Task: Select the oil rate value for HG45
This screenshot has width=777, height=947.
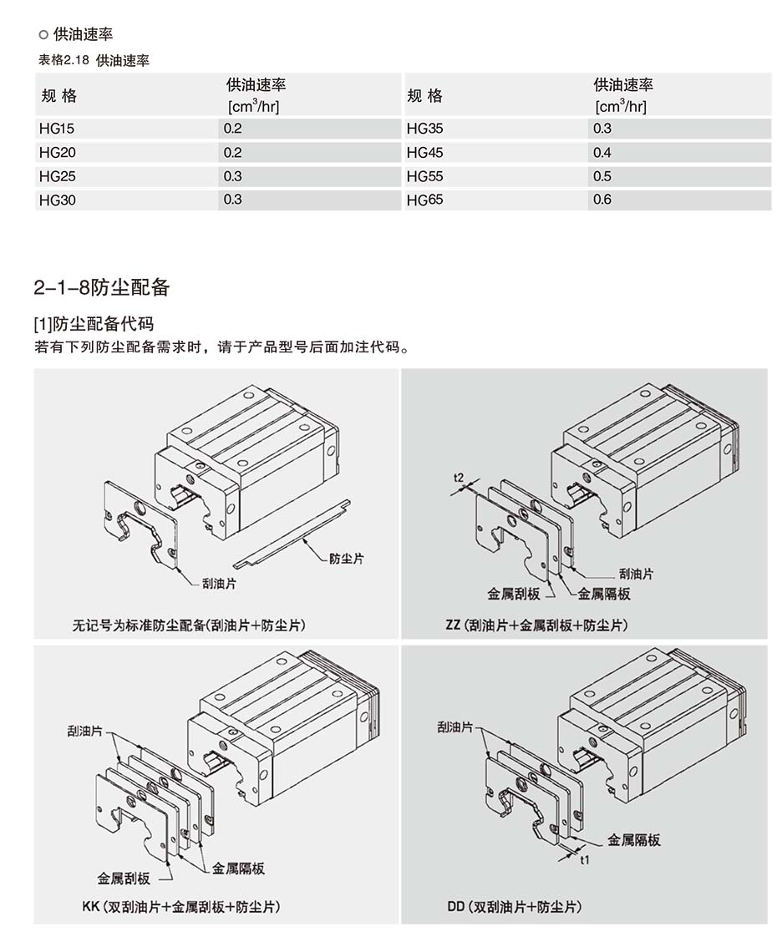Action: [x=602, y=153]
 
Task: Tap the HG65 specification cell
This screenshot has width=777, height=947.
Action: [x=425, y=200]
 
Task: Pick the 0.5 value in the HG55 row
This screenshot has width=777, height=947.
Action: [x=602, y=176]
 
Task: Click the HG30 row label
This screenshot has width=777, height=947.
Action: [x=57, y=200]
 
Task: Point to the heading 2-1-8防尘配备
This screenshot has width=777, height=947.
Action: [x=102, y=288]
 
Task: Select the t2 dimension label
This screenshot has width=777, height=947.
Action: [x=459, y=477]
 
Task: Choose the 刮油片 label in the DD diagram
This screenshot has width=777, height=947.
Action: [x=455, y=727]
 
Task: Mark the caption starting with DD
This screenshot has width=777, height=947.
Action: [x=515, y=906]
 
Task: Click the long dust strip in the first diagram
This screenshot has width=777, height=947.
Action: [x=291, y=532]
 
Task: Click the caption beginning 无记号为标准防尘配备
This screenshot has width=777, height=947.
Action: [x=189, y=625]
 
